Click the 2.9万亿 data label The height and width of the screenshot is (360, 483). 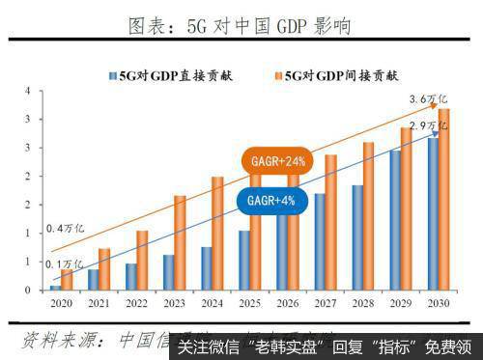pyautogui.click(x=430, y=126)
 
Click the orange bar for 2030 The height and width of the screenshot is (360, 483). pyautogui.click(x=444, y=199)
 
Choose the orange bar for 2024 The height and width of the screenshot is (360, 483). pyautogui.click(x=217, y=233)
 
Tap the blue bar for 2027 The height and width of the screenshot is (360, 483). pyautogui.click(x=319, y=240)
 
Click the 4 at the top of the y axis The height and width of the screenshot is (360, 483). pyautogui.click(x=30, y=92)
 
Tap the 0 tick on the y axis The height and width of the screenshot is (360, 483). pyautogui.click(x=30, y=290)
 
